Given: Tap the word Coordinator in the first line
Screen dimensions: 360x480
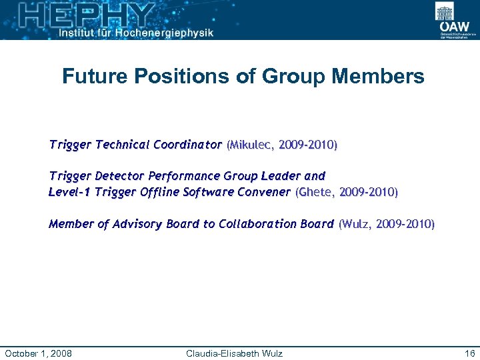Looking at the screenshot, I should pos(187,145).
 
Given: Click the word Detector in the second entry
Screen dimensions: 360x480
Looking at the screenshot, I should pos(120,176).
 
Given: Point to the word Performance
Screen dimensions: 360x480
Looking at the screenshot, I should pos(183,176).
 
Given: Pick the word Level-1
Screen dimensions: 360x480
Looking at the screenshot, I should pos(70,192).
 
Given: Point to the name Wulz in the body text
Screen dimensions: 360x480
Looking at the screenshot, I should pos(357,224).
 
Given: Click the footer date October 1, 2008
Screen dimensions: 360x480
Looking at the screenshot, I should pos(39,353).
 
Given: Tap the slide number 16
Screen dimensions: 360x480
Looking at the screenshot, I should pos(469,353).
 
